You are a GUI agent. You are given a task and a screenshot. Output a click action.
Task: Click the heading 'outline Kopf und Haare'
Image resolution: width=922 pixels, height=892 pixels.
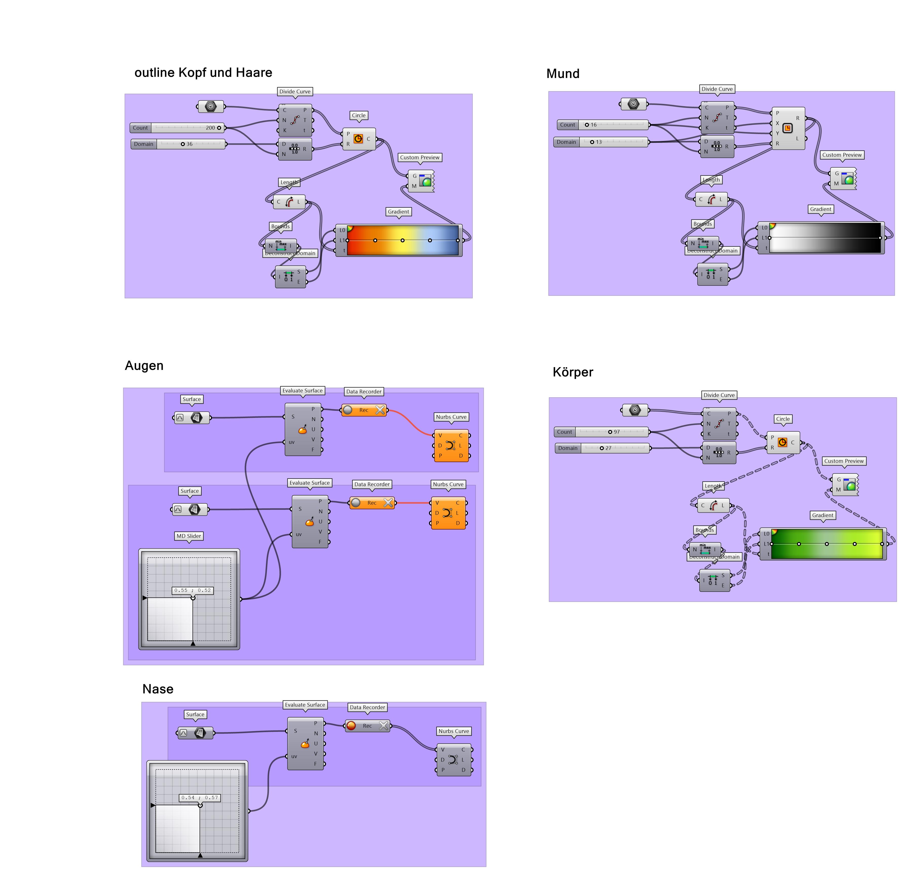pyautogui.click(x=203, y=72)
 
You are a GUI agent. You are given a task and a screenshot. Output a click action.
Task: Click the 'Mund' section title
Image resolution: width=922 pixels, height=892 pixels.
pyautogui.click(x=563, y=74)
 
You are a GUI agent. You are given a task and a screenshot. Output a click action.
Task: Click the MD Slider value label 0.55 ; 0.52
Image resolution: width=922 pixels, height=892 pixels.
pyautogui.click(x=193, y=590)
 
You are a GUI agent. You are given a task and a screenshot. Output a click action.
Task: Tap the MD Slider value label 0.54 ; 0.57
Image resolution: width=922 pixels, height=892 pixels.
pyautogui.click(x=200, y=797)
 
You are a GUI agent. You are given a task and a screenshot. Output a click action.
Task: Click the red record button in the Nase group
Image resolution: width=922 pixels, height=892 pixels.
pyautogui.click(x=351, y=726)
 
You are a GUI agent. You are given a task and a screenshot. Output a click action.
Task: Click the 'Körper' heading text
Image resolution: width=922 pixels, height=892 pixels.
pyautogui.click(x=573, y=372)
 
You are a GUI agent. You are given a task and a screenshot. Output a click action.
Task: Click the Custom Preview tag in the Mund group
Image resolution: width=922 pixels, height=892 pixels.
pyautogui.click(x=842, y=155)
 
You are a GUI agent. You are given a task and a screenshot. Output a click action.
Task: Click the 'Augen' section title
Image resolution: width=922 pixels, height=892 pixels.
pyautogui.click(x=144, y=366)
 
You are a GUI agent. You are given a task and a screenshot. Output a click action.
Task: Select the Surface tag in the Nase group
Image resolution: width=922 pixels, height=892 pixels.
pyautogui.click(x=195, y=714)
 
